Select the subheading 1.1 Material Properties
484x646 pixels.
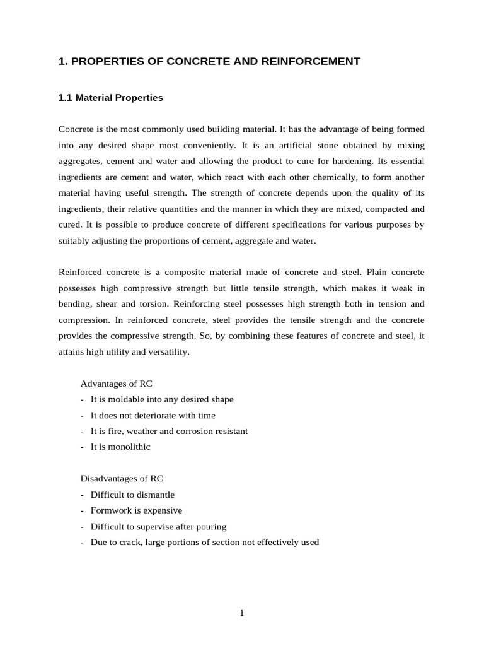(110, 98)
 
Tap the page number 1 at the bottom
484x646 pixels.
(241, 613)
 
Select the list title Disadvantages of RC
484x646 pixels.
(122, 478)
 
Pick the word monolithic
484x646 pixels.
(129, 447)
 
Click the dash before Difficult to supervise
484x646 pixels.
(83, 527)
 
